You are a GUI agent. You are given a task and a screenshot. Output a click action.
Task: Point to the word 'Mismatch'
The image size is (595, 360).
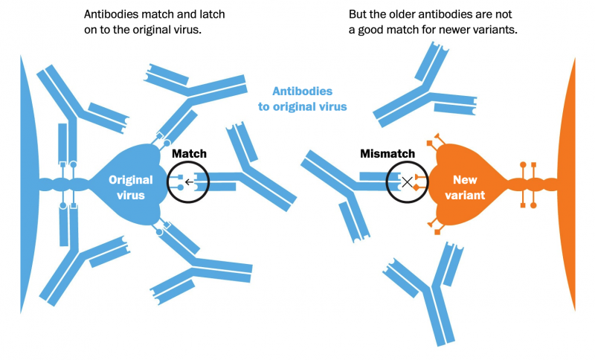click(x=387, y=153)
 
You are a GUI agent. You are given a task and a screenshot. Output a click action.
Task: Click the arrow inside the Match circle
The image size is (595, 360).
click(x=190, y=181)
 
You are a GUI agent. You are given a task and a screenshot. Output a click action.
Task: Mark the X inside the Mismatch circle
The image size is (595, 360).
click(x=408, y=181)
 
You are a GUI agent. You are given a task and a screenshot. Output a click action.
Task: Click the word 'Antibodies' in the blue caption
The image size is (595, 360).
click(x=302, y=91)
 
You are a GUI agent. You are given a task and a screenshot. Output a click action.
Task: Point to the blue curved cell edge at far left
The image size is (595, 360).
click(x=26, y=186)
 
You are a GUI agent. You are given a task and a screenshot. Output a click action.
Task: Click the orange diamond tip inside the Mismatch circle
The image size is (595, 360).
click(x=416, y=187)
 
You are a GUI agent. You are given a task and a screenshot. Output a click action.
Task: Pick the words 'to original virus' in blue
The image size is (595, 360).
click(x=302, y=106)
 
